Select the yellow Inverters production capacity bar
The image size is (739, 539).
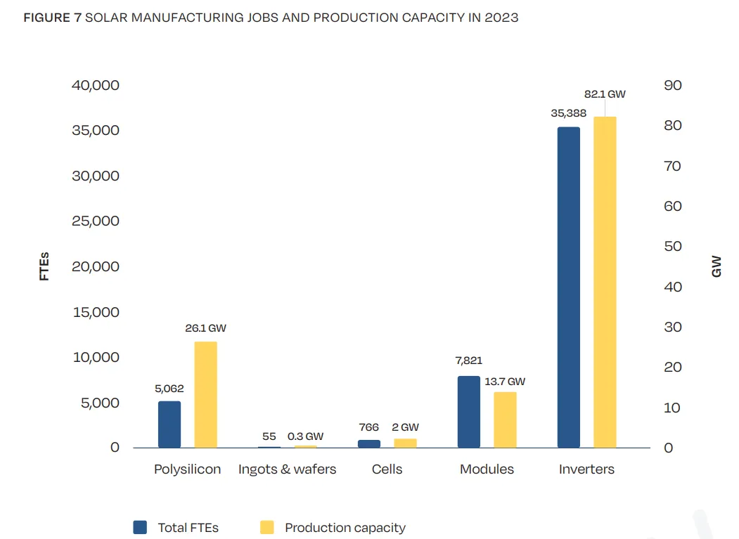(605, 282)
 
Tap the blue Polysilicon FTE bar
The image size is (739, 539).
(169, 424)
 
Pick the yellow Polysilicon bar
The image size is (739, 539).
(206, 394)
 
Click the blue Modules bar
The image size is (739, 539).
(469, 412)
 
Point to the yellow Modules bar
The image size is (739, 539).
(505, 420)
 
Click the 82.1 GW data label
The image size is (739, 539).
(605, 93)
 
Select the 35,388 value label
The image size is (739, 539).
(568, 112)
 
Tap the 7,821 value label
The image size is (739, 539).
(468, 361)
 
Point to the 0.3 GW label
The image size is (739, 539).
(305, 436)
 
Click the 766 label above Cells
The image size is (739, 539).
(368, 427)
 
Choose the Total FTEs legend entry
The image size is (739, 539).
(188, 528)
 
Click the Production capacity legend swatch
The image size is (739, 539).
(267, 528)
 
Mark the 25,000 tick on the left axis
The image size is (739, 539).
(96, 221)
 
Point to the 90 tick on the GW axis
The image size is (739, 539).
(673, 85)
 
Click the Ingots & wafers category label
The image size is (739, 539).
(287, 469)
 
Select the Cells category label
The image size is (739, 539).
(387, 469)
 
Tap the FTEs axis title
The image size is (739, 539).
(45, 266)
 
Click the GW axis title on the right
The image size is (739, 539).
(716, 266)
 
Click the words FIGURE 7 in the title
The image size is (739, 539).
(53, 18)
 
